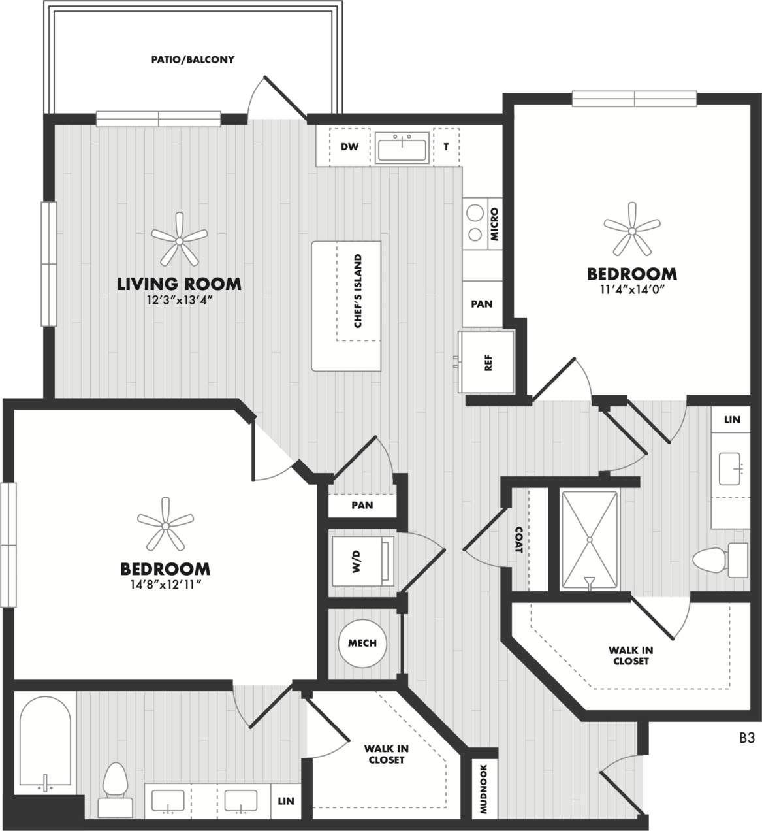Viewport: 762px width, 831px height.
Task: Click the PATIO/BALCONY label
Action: pos(193,59)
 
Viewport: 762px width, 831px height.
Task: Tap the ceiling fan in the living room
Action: pos(179,241)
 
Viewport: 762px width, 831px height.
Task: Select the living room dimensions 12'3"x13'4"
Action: pos(179,300)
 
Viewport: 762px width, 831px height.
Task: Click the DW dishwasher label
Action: pos(349,147)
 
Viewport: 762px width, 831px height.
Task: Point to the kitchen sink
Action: pos(402,148)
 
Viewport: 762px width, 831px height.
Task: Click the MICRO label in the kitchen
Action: pos(494,224)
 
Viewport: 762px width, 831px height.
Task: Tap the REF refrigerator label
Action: pos(488,363)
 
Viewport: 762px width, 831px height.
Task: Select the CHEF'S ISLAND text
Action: pos(358,291)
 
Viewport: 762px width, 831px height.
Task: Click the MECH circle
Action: pos(362,644)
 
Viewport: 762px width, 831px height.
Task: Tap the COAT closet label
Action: pos(518,540)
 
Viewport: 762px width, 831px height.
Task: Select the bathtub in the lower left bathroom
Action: pos(45,745)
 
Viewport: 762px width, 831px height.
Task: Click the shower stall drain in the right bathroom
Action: pos(589,540)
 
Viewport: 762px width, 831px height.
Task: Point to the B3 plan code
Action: pos(747,738)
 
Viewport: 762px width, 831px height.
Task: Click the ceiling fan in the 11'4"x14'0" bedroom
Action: pos(631,230)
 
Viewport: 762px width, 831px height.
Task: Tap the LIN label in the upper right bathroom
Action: pos(732,419)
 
